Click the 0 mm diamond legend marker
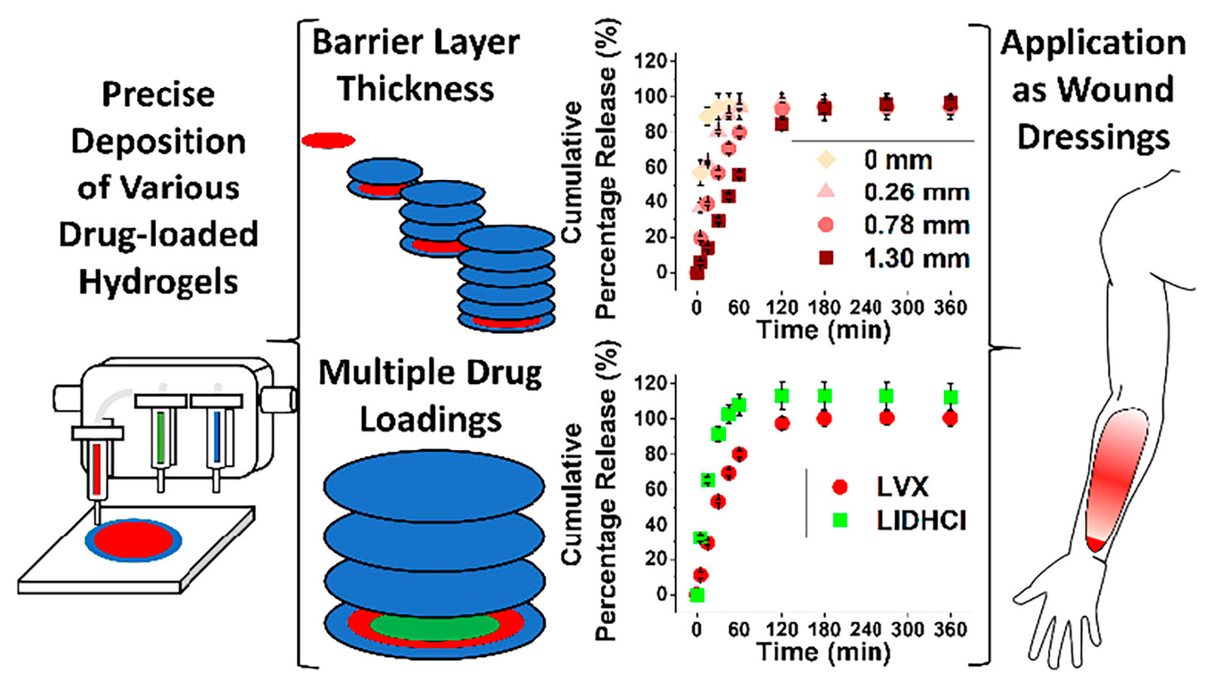[x=826, y=160]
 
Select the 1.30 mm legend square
[x=826, y=258]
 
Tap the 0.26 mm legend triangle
[x=826, y=191]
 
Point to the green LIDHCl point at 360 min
[x=950, y=397]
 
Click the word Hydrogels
[x=158, y=282]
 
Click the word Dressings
[x=1093, y=137]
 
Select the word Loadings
[x=430, y=420]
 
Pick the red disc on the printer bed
[x=134, y=540]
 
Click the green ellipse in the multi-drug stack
[x=434, y=626]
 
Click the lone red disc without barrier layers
[x=328, y=140]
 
